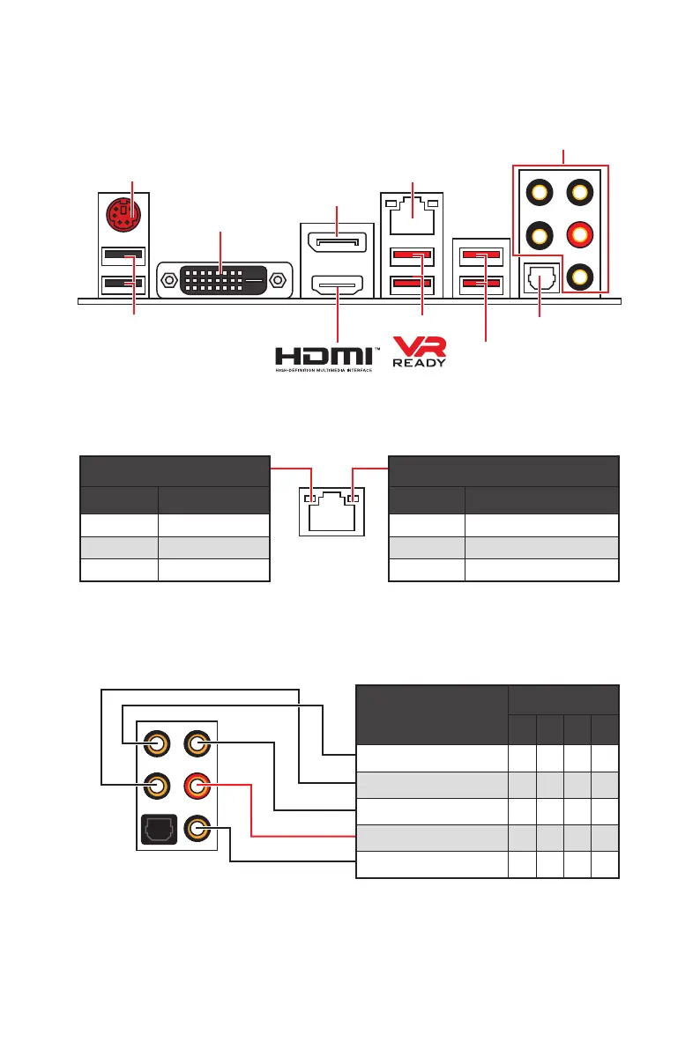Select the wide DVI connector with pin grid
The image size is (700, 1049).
coord(223,282)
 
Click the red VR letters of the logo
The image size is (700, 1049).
coord(419,345)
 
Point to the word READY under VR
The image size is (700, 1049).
coord(419,362)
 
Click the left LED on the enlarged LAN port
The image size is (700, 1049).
coord(309,499)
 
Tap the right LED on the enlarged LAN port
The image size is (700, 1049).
coord(352,499)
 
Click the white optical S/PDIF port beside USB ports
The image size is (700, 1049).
coord(539,279)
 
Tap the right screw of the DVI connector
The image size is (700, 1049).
coord(279,282)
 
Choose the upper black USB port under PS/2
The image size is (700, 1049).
coord(123,256)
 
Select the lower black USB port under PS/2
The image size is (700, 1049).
coord(123,284)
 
